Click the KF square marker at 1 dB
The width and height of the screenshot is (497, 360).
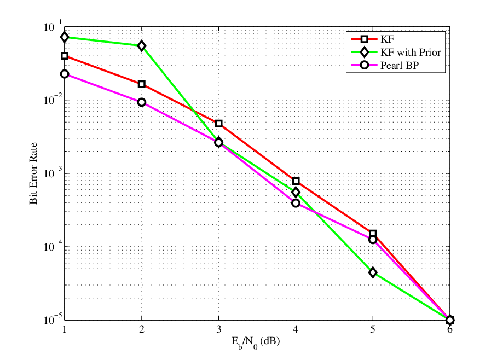(x=65, y=56)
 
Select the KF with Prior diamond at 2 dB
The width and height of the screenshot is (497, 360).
(x=142, y=46)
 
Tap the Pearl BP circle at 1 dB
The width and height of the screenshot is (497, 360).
(x=65, y=74)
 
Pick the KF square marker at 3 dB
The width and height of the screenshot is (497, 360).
(x=219, y=124)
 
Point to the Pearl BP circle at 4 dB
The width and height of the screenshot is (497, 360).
(x=296, y=203)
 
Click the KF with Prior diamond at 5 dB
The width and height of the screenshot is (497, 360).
(x=373, y=272)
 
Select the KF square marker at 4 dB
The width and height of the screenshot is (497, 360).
(x=296, y=181)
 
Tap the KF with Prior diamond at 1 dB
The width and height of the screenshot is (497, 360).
(x=65, y=37)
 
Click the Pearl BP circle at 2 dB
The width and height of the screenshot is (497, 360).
(x=142, y=102)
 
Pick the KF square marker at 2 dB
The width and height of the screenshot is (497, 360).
(x=142, y=84)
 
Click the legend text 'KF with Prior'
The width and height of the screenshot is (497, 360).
(x=411, y=53)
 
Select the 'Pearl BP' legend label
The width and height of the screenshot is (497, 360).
(x=400, y=65)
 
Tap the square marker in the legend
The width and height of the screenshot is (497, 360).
(x=365, y=39)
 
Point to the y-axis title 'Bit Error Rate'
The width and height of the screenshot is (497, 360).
(x=33, y=173)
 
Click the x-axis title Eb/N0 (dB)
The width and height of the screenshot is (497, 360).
(x=256, y=342)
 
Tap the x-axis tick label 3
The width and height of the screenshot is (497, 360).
(x=219, y=329)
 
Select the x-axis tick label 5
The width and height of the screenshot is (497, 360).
(x=373, y=329)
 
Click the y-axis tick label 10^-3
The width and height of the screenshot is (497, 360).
(x=53, y=172)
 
